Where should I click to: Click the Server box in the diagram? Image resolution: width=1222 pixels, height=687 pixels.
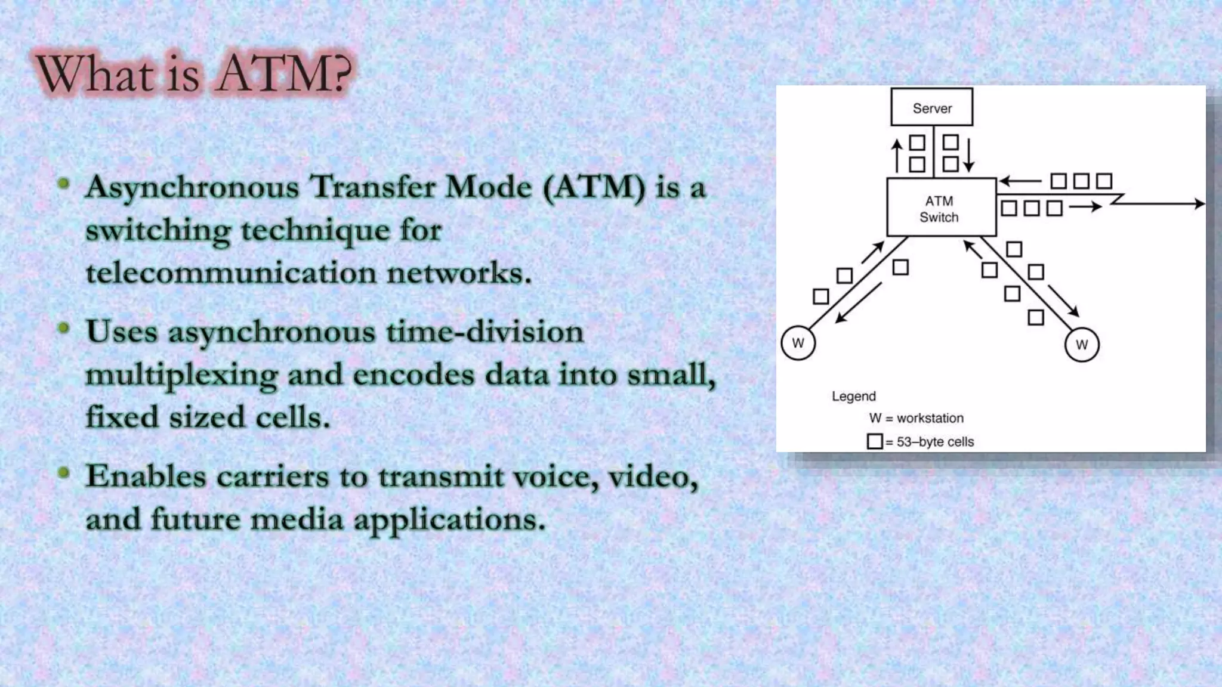point(931,107)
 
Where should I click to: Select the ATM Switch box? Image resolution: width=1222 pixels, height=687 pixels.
point(941,208)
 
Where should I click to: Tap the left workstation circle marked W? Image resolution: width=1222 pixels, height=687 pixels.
point(798,343)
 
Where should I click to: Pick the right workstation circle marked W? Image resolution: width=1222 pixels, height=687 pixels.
point(1081,345)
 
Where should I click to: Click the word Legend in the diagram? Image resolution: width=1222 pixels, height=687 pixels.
point(854,397)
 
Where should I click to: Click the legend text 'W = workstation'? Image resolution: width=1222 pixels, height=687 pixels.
point(916,418)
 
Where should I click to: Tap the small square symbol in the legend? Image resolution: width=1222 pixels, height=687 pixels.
point(875,442)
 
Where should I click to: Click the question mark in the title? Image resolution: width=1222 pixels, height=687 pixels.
point(340,75)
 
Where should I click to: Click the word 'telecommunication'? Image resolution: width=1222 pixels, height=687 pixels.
point(230,274)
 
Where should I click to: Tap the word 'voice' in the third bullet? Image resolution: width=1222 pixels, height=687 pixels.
point(556,477)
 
